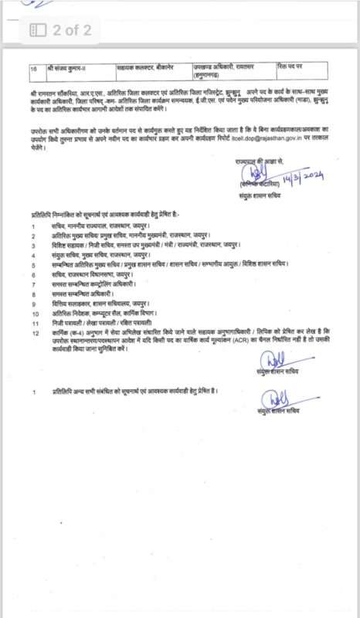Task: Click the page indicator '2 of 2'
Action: coord(72,30)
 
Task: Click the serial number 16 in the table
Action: coord(34,68)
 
